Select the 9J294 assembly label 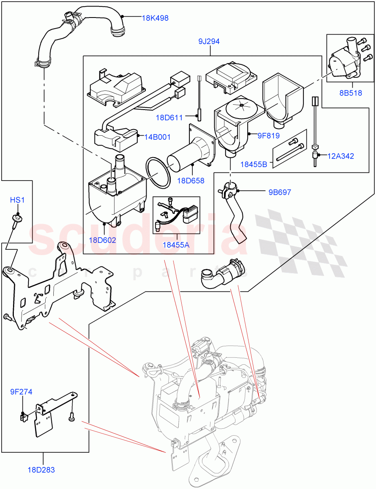(x=210, y=41)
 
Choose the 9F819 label (x=268, y=137)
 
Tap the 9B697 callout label (x=279, y=192)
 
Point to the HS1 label (x=17, y=200)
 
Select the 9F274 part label (x=21, y=392)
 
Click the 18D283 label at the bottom (x=41, y=470)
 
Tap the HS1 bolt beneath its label (x=17, y=220)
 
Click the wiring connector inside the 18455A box (x=190, y=214)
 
